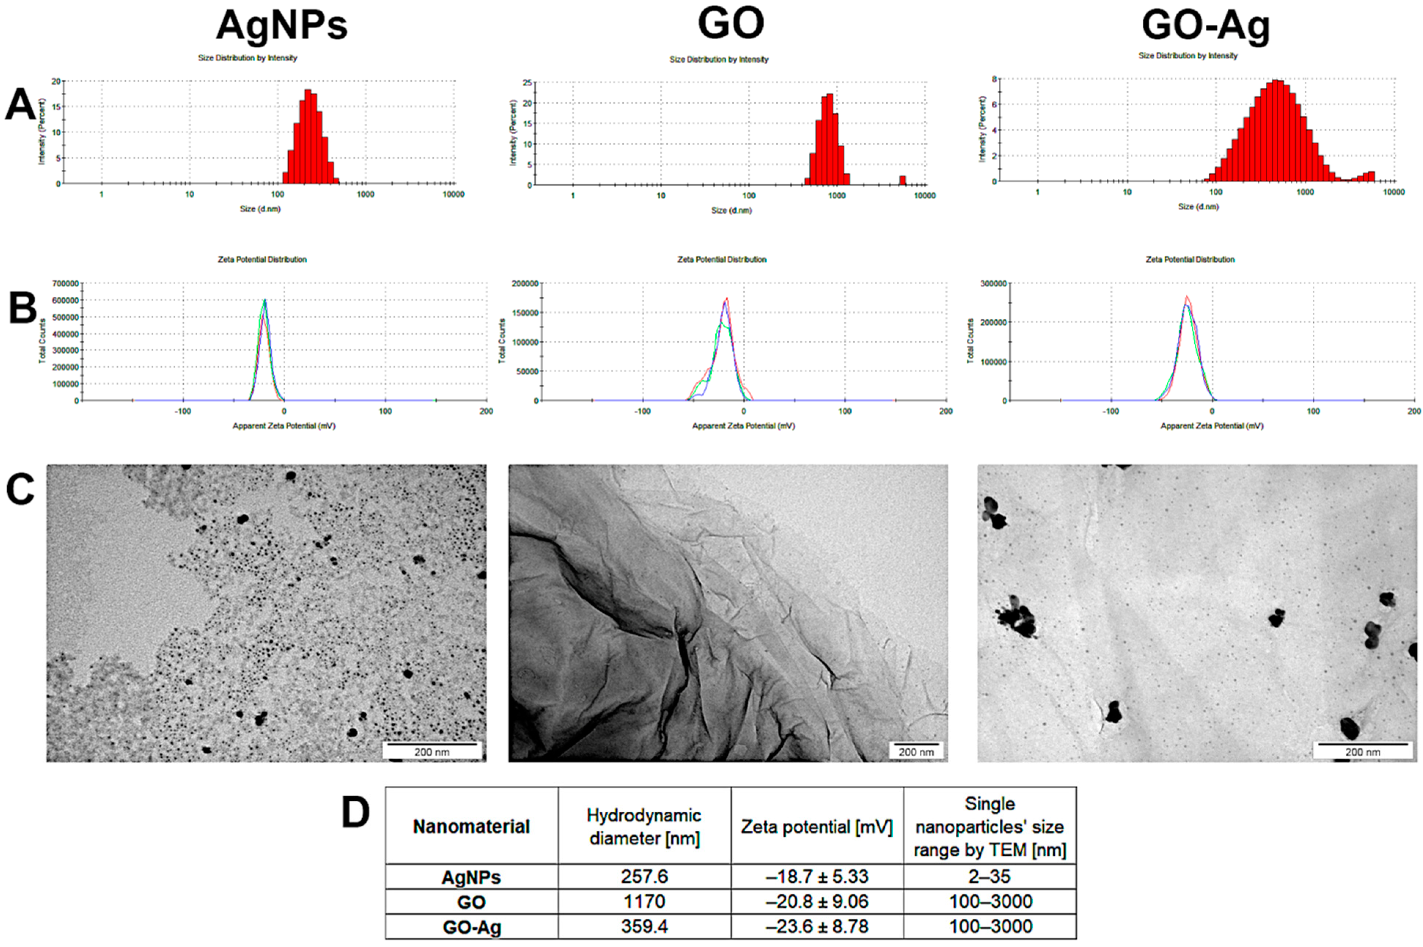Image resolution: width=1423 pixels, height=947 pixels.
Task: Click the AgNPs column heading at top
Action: [282, 25]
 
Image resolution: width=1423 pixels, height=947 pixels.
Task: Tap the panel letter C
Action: [21, 489]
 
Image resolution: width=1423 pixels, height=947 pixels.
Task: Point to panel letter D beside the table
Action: [355, 813]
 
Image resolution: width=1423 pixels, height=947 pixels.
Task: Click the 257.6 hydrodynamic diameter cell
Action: [644, 876]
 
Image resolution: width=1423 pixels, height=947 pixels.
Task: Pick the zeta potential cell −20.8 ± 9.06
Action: [817, 902]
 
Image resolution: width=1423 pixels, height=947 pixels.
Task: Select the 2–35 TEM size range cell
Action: [989, 876]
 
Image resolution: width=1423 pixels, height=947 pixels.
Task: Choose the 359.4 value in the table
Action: [644, 926]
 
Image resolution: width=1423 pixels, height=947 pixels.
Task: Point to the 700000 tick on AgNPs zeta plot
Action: [66, 283]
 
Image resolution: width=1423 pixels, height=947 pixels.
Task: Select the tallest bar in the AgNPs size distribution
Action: [308, 136]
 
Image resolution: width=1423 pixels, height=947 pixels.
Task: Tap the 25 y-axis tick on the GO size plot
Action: [527, 83]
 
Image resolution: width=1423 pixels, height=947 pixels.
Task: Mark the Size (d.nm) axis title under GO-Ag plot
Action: [1198, 206]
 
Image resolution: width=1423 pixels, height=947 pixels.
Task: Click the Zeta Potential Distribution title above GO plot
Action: [722, 260]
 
